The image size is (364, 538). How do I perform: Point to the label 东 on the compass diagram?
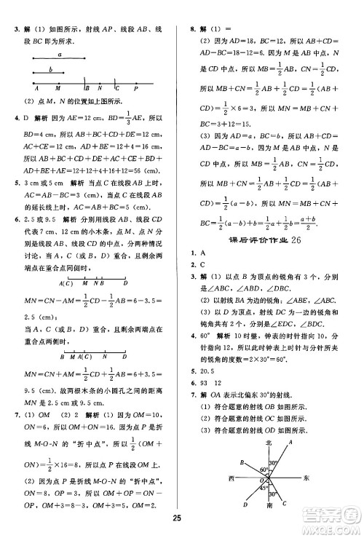point(306,478)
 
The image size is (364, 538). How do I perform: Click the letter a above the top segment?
point(58,54)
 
